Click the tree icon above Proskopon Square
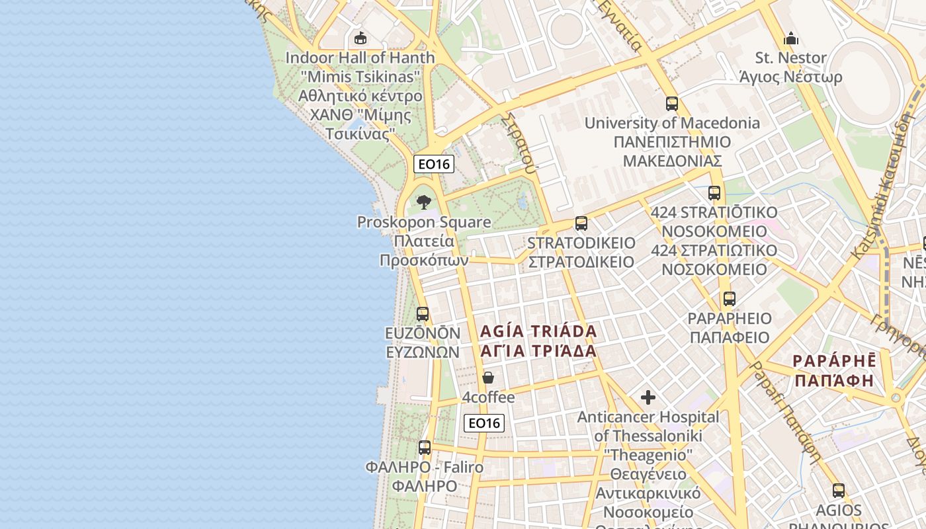[424, 202]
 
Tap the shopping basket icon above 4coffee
[488, 378]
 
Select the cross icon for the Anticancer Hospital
[648, 397]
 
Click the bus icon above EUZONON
[423, 314]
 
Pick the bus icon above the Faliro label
[425, 448]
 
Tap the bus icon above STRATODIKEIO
[581, 224]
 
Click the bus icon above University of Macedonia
[672, 104]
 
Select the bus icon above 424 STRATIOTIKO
[714, 193]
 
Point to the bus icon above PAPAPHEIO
[730, 299]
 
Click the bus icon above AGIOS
[839, 491]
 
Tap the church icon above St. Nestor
[791, 38]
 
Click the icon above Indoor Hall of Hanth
[360, 38]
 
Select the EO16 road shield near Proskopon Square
[434, 164]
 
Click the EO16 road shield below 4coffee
[484, 423]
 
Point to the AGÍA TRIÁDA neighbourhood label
[538, 331]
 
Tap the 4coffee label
[488, 397]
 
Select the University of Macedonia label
[672, 123]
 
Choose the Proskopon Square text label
[424, 222]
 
